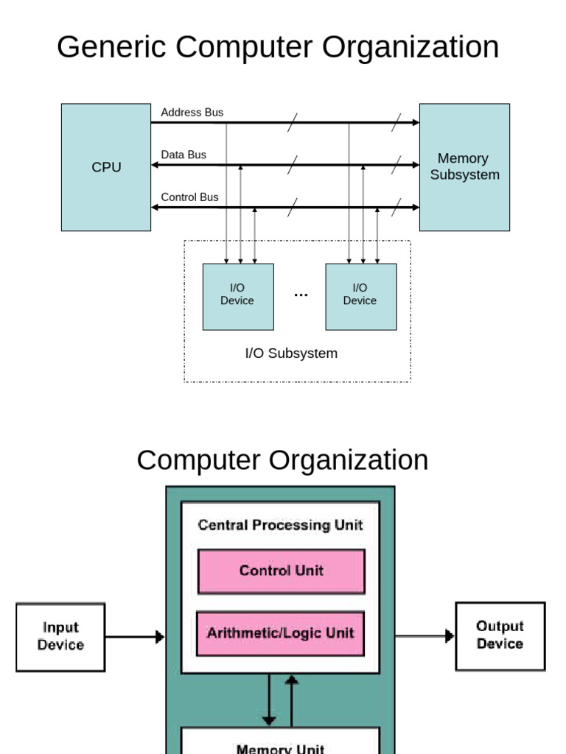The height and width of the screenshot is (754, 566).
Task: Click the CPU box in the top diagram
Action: (x=106, y=167)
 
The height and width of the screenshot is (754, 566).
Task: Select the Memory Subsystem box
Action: (x=464, y=167)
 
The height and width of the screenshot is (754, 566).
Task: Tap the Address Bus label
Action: (x=192, y=113)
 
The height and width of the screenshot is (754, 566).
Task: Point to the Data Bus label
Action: (x=184, y=155)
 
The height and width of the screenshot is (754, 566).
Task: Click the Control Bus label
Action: (x=189, y=197)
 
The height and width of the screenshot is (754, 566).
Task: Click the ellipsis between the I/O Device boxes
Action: (x=301, y=295)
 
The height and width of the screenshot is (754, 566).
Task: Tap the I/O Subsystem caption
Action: (x=291, y=353)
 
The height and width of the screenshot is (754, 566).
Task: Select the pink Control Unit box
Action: (x=281, y=571)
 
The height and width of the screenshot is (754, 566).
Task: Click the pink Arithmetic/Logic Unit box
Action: (x=280, y=633)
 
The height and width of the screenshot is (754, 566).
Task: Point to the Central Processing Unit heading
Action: (x=280, y=525)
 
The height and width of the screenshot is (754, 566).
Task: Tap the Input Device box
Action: (x=60, y=637)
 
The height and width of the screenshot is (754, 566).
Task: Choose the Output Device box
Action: (x=500, y=635)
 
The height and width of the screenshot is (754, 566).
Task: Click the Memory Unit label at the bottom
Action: (x=280, y=748)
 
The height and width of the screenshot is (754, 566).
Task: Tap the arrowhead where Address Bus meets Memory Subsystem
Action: (x=415, y=123)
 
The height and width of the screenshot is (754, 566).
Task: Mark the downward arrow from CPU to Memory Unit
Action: (x=269, y=700)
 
